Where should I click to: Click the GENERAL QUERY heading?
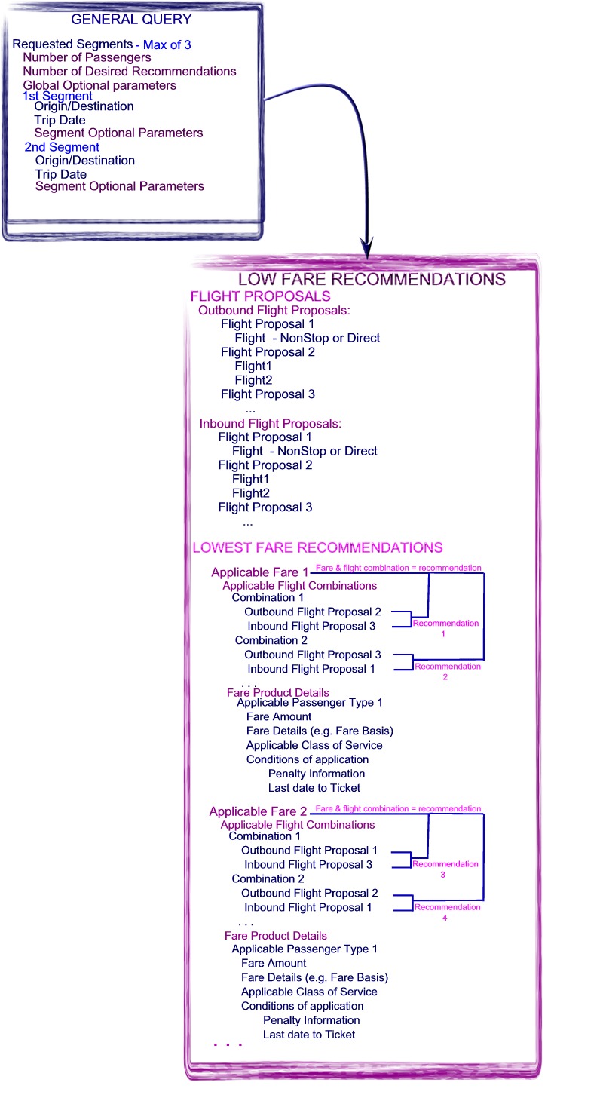(x=131, y=20)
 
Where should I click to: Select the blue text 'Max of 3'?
(x=167, y=44)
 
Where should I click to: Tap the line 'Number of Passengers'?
(x=87, y=57)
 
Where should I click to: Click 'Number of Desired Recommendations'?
(x=130, y=72)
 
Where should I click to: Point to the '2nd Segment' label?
(x=62, y=147)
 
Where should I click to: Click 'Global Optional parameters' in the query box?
(x=99, y=85)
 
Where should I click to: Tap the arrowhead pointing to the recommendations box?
(x=366, y=248)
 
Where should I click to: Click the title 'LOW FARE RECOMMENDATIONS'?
(x=372, y=279)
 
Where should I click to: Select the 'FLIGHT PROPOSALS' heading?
(x=260, y=296)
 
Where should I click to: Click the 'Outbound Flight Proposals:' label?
(x=274, y=311)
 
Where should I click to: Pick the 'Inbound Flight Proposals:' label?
(x=270, y=423)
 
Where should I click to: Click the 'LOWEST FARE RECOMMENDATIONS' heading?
(x=318, y=547)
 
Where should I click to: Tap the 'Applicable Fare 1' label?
(x=260, y=572)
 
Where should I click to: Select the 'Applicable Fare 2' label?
(x=258, y=811)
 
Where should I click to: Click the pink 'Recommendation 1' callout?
(x=445, y=628)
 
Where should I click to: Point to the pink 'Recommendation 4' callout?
(x=447, y=912)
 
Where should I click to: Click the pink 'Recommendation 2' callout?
(x=448, y=671)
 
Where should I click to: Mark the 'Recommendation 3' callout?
(x=445, y=869)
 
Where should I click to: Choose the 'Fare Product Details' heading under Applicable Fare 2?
(x=276, y=936)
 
